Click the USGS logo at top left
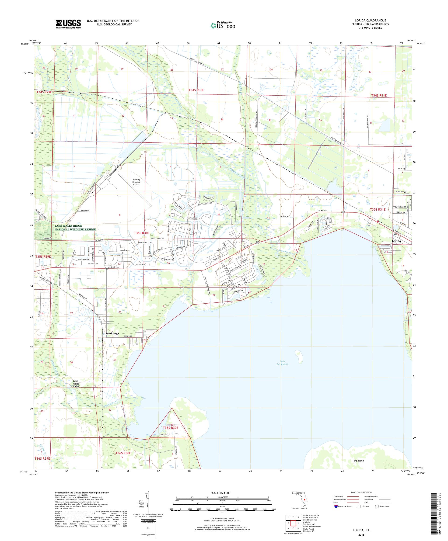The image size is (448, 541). (x=68, y=24)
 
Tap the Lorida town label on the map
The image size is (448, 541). (x=396, y=241)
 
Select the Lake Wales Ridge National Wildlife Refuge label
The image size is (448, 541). (x=75, y=228)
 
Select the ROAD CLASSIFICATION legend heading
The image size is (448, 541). (x=360, y=492)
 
